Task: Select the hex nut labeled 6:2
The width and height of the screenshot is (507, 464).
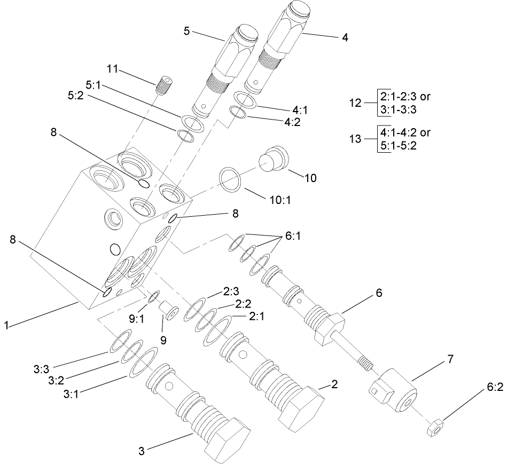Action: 435,427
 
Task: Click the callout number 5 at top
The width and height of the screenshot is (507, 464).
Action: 186,31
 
